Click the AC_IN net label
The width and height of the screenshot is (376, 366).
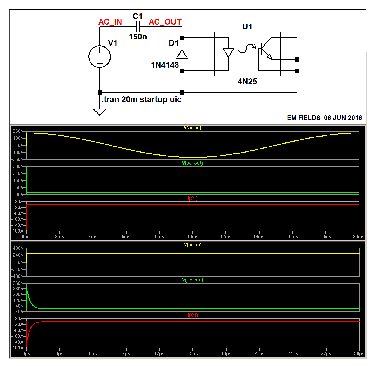coord(110,22)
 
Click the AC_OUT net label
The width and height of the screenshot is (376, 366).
coord(165,22)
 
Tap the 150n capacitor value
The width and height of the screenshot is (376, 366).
coord(138,37)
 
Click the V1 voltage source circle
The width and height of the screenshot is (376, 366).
coord(100,57)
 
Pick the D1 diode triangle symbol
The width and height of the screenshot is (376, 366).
coord(182,54)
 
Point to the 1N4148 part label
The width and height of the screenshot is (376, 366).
coord(165,65)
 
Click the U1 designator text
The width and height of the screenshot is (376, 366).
coord(247,27)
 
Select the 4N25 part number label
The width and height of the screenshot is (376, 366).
coord(247,81)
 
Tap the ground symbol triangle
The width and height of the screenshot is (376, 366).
coord(100,112)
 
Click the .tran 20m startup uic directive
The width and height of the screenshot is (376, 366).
coord(142,99)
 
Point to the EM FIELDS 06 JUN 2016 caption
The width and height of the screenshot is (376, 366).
coord(325,118)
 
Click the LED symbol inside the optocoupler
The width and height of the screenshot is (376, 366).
coord(228,53)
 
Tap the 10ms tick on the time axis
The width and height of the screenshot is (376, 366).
coord(192,237)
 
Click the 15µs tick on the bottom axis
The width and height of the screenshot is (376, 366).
coord(193,354)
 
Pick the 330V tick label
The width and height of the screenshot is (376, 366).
coord(18,166)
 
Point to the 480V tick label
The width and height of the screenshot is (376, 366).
coord(18,248)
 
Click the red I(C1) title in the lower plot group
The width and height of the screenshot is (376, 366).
coord(193,315)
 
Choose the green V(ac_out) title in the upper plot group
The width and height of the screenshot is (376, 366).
coord(192,163)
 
